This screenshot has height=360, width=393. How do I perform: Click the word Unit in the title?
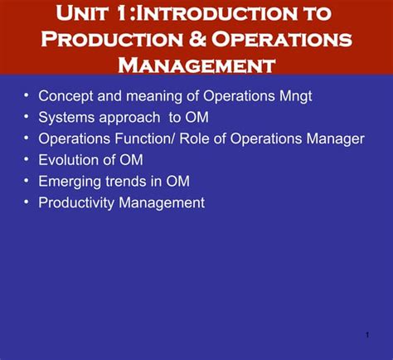(x=85, y=14)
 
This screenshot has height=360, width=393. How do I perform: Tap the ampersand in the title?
(x=192, y=39)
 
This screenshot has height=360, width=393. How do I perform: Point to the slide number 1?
(x=366, y=335)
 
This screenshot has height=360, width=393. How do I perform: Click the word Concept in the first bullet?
(x=65, y=95)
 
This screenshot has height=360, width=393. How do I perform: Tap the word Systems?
(x=66, y=117)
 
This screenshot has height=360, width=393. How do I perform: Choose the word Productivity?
(x=77, y=202)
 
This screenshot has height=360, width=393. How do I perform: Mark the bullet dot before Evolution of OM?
(x=27, y=159)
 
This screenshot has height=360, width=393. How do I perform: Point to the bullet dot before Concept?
(x=27, y=95)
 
